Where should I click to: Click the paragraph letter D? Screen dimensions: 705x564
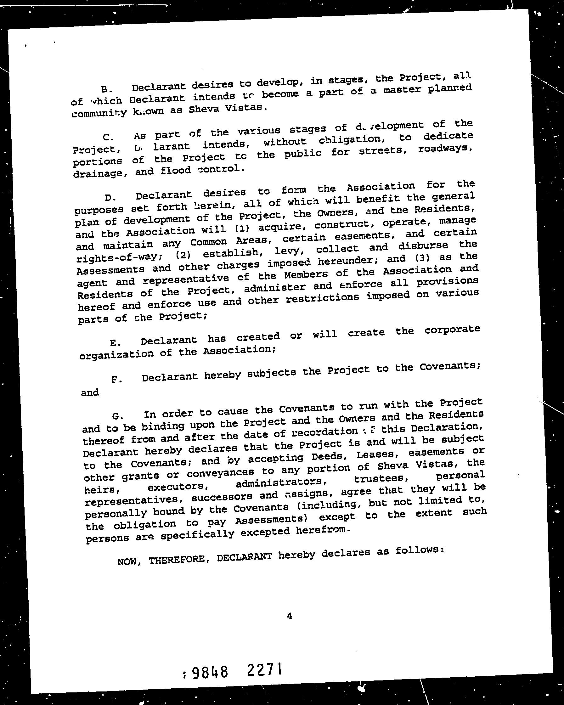[109, 198]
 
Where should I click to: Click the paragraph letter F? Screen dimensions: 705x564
[115, 379]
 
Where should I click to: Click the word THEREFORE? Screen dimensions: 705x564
[177, 560]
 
